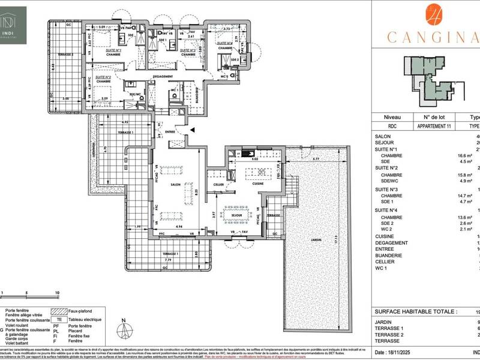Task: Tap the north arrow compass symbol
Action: point(123,329)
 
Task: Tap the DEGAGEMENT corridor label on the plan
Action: point(163,77)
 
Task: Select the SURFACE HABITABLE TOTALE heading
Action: point(414,312)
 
